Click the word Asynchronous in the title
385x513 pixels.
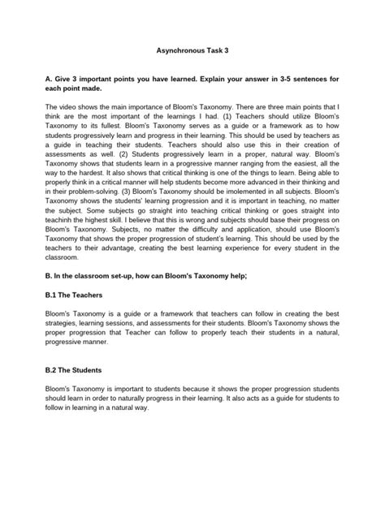pyautogui.click(x=178, y=50)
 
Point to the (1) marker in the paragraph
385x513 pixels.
pyautogui.click(x=231, y=118)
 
